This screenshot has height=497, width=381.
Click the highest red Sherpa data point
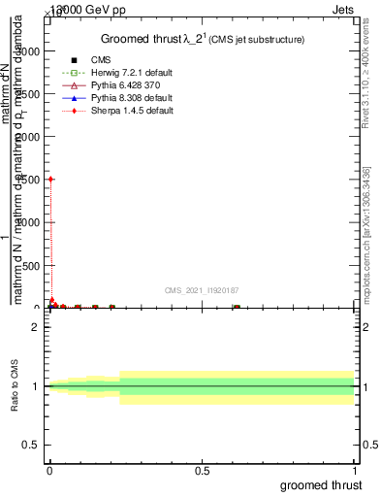[x=50, y=180]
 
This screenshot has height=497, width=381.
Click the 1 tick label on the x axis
[x=356, y=471]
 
